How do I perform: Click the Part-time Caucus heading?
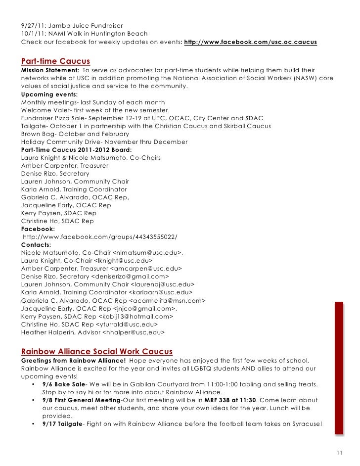pos(55,61)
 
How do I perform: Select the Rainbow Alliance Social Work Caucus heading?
pos(96,352)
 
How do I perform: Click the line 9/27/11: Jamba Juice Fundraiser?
pos(72,25)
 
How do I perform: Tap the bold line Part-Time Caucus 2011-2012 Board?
pos(77,150)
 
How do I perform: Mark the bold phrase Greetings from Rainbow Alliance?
pos(73,360)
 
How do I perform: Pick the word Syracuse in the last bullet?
pos(305,424)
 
